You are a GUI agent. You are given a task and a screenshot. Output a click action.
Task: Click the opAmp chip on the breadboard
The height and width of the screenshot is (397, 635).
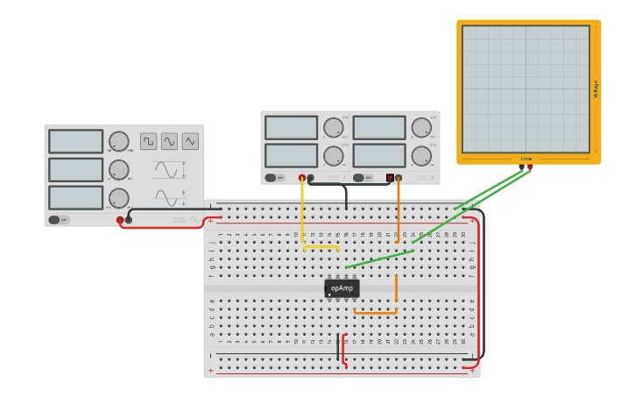tap(342, 288)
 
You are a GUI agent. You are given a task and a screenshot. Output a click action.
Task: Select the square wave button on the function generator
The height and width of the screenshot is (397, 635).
tap(149, 141)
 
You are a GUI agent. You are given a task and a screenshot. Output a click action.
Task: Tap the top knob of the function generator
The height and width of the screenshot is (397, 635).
tap(119, 141)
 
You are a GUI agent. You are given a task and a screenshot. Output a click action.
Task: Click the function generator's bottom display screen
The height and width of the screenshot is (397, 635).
tap(76, 197)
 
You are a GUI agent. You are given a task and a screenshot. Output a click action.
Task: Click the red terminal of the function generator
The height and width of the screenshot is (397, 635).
tap(120, 220)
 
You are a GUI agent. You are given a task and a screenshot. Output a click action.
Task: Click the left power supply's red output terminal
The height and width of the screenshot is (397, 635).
tap(302, 178)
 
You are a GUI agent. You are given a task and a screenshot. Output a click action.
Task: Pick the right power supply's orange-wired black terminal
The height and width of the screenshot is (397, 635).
tap(399, 178)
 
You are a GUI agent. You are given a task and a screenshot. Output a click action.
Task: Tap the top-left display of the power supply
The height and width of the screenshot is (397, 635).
tap(291, 128)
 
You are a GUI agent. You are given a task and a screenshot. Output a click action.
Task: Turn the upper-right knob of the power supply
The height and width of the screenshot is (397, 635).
tap(421, 128)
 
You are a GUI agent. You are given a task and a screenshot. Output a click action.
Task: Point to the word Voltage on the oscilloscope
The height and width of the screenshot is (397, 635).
tap(596, 89)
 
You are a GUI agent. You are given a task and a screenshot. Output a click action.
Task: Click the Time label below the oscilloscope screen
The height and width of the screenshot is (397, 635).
tap(526, 159)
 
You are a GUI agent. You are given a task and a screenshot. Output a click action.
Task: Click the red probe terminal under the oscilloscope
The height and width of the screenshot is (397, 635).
tap(530, 167)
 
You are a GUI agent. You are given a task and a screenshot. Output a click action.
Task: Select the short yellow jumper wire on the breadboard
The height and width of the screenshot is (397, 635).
tap(321, 247)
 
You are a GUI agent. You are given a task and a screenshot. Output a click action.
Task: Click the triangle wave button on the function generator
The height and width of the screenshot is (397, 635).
tap(190, 141)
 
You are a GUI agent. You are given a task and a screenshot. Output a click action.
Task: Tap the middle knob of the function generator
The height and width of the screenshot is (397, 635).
tap(119, 170)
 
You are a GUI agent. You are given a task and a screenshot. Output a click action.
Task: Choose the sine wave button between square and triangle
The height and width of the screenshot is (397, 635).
tap(169, 141)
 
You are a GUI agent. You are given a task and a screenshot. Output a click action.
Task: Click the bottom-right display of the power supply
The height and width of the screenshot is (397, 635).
tap(379, 155)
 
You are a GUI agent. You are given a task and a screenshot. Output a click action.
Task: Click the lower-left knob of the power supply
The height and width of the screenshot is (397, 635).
tap(333, 156)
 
